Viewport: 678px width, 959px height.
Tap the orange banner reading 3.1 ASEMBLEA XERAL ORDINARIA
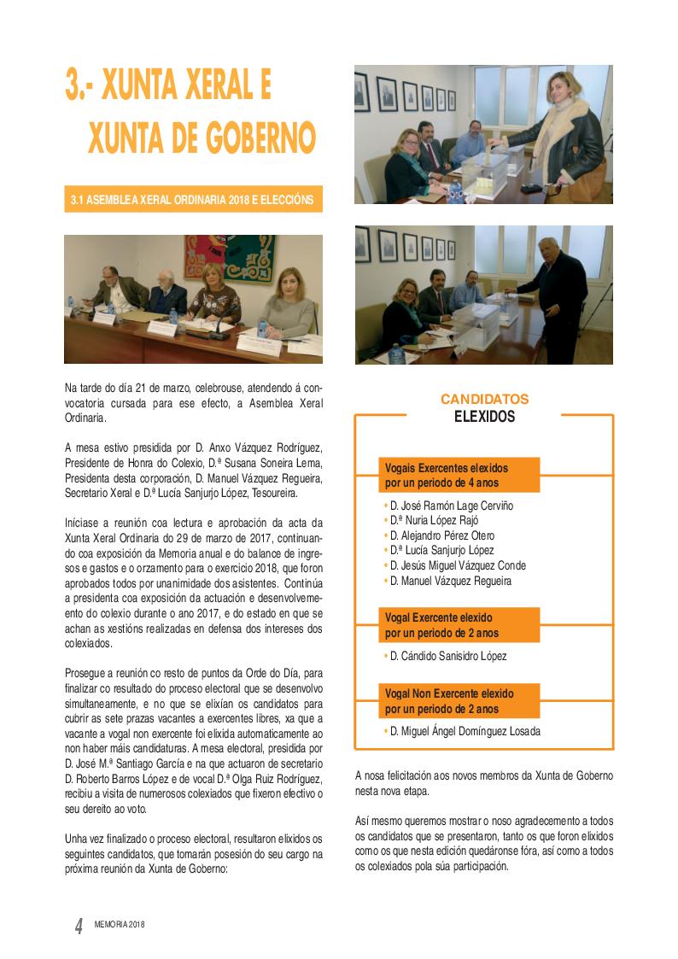(193, 201)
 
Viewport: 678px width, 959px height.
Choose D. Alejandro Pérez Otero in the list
(441, 535)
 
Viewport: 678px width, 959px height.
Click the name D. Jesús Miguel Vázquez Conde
(457, 565)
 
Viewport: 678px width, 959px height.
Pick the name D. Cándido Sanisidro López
(447, 656)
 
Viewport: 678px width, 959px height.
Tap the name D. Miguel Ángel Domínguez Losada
(465, 731)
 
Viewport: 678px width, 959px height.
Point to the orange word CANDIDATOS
(484, 399)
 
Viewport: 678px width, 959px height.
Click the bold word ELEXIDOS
(484, 417)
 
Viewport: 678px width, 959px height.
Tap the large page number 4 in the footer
(79, 926)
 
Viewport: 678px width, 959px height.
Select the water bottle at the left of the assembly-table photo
(70, 305)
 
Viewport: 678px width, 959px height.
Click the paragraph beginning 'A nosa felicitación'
(483, 783)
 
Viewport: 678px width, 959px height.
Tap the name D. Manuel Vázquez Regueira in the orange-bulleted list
(449, 581)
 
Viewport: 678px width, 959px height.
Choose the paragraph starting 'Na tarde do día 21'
(193, 403)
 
